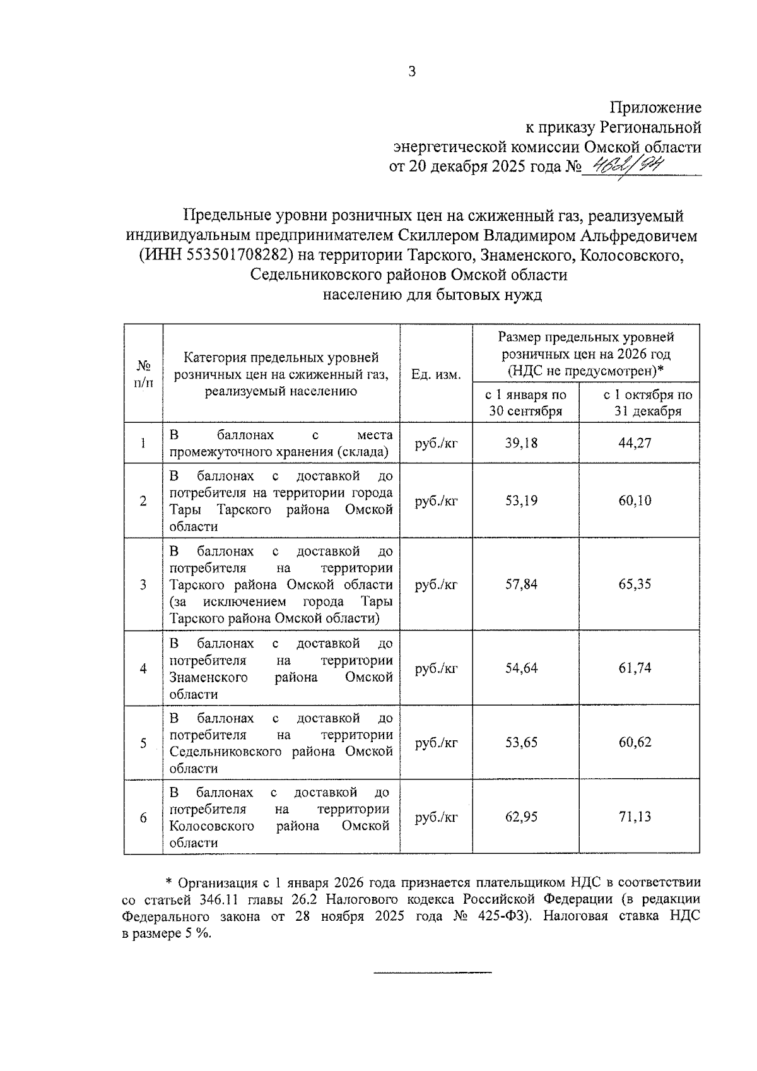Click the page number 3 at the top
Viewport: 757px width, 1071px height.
pos(412,72)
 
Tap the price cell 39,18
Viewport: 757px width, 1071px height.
pos(521,443)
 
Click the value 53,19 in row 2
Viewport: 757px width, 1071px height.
pos(521,501)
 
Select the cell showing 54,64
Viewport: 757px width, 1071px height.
pos(521,668)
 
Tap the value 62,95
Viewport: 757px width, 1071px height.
pos(521,817)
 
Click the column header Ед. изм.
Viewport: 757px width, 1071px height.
pos(436,374)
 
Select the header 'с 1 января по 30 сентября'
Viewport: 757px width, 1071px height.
pos(525,403)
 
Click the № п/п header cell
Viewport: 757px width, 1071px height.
pos(143,374)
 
